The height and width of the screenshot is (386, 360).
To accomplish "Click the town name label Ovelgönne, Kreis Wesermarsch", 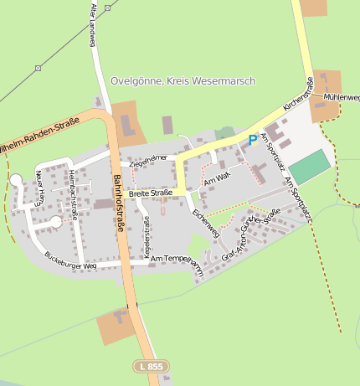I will tap(183, 81).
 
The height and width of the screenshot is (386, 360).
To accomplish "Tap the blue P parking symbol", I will tap(252, 141).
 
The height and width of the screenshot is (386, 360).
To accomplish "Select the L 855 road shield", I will tap(152, 367).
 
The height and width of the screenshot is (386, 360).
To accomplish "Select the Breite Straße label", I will tap(151, 193).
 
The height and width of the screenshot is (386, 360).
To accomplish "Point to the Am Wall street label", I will tap(217, 178).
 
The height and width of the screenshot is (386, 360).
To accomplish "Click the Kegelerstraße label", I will tap(147, 236).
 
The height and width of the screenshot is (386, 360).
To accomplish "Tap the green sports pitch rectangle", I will tap(310, 167).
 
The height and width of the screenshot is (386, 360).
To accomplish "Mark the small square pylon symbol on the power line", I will tap(38, 67).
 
